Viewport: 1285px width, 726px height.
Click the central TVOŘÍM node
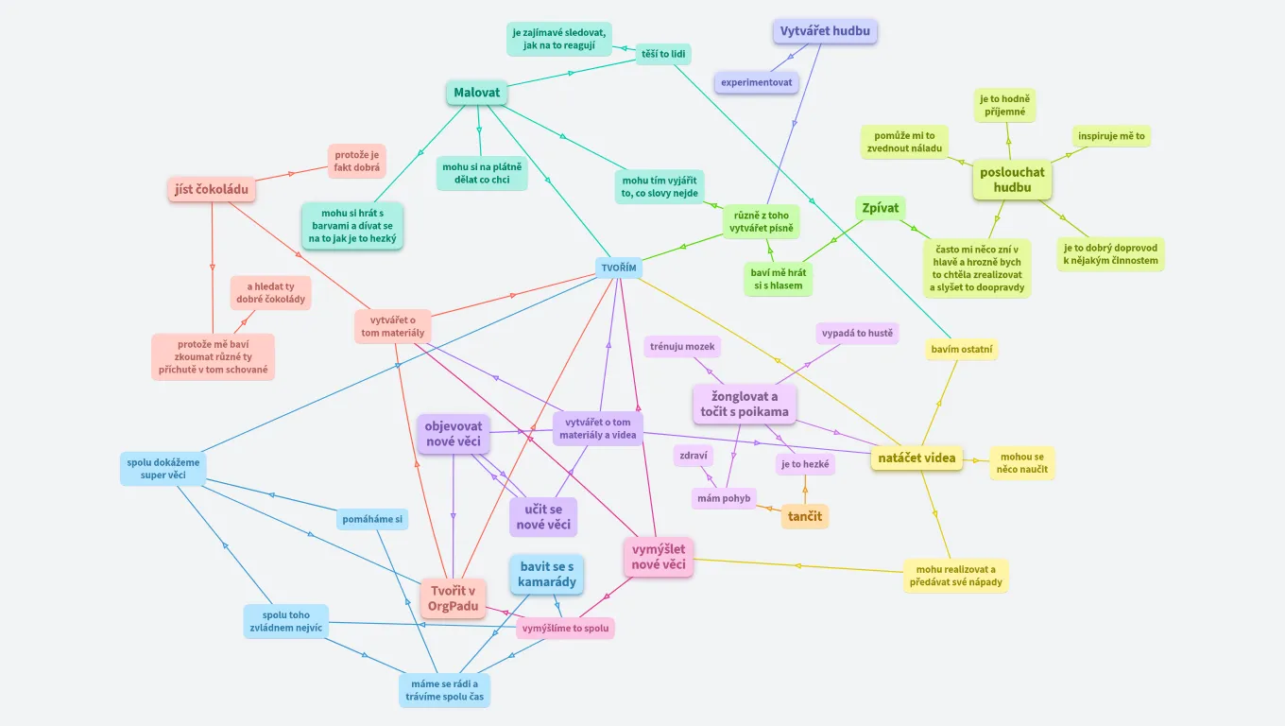619,268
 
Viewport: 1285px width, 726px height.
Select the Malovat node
477,93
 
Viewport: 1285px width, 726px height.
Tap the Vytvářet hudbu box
825,31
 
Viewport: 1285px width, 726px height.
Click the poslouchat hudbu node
1012,180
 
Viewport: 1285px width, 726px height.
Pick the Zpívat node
880,208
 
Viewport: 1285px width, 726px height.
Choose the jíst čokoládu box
212,189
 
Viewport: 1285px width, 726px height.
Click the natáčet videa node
917,458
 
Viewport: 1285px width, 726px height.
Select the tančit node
805,515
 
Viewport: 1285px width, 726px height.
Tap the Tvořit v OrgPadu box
453,598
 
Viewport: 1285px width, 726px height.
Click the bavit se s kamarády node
546,574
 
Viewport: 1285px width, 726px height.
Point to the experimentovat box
756,82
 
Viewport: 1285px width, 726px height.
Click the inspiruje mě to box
1111,136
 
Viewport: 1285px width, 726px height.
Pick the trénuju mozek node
682,347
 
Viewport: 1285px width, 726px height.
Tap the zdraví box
694,456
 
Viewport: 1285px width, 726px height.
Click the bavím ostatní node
962,350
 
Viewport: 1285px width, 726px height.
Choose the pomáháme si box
372,519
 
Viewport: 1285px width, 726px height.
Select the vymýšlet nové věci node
659,557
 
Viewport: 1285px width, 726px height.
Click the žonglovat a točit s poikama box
745,404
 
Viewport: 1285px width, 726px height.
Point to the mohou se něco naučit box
1021,463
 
